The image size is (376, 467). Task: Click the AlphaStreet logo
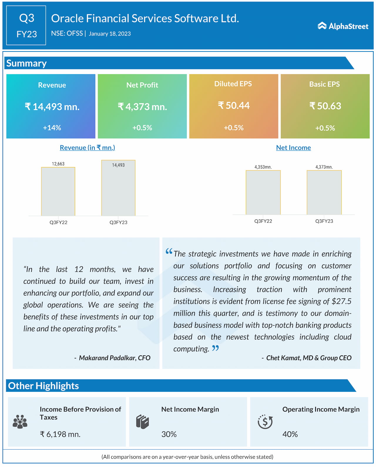click(343, 26)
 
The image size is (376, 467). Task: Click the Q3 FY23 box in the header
click(26, 25)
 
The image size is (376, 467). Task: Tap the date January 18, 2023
click(110, 34)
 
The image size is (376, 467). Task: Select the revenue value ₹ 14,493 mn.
click(52, 107)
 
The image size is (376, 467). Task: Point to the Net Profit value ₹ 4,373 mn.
click(142, 107)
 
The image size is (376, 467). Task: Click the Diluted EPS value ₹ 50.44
click(234, 105)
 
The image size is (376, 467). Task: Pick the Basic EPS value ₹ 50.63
click(325, 106)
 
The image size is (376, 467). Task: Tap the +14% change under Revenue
click(52, 128)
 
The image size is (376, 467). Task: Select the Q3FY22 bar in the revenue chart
click(58, 191)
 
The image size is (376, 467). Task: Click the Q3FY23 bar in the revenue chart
click(118, 188)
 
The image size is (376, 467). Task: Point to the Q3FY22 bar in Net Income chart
click(263, 192)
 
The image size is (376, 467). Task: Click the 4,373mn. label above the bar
click(324, 167)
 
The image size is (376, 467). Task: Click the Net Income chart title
click(293, 148)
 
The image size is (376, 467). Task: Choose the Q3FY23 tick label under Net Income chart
click(324, 221)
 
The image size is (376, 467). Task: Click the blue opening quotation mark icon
click(169, 251)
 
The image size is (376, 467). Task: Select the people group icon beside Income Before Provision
click(20, 422)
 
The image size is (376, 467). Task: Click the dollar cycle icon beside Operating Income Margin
click(265, 422)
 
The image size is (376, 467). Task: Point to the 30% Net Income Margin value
click(169, 434)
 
